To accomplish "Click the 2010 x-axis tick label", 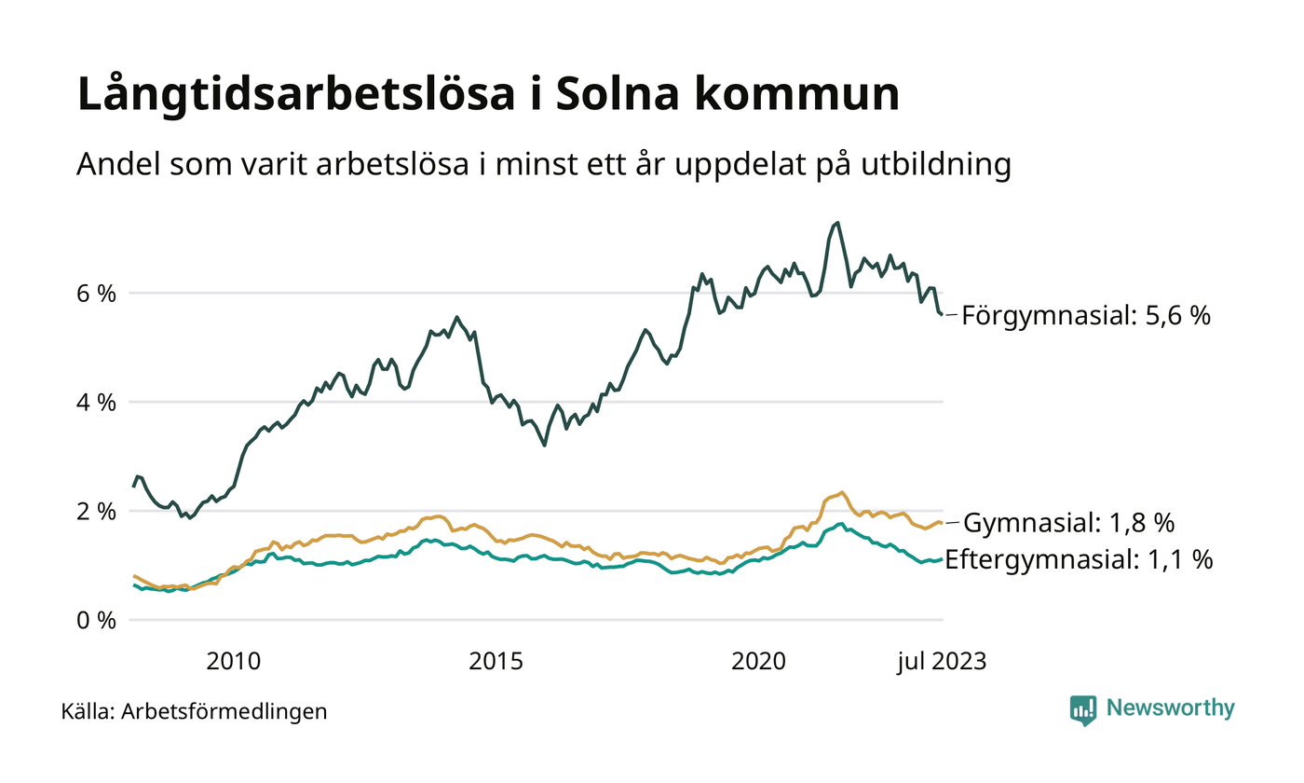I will [x=233, y=662].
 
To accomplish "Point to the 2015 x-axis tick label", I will [x=496, y=662].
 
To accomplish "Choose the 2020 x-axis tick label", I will [x=760, y=662].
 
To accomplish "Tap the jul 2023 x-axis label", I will [x=942, y=662].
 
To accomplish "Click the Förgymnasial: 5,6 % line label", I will [x=1086, y=316].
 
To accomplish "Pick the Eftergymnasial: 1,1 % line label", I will [x=1079, y=559].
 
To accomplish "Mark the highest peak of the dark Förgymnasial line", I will [x=837, y=222].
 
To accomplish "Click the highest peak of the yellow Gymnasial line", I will [x=842, y=492].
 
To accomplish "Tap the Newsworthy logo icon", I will [x=1083, y=710].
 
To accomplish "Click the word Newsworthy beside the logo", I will [x=1170, y=708].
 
